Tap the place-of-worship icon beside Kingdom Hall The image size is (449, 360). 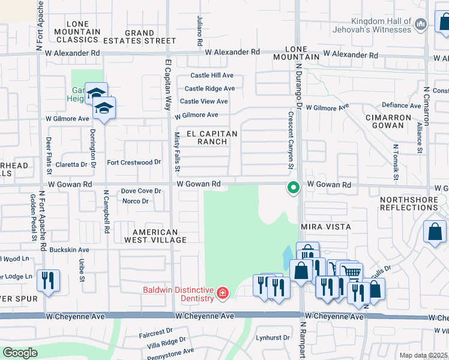421,24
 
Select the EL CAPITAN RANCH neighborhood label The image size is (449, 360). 212,137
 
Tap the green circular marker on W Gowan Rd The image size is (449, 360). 293,187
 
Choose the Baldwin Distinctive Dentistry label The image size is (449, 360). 178,294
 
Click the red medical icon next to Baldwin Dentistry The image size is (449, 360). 222,293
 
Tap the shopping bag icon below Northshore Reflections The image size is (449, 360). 435,232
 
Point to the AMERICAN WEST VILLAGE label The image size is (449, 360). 155,236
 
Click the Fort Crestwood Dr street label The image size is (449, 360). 134,163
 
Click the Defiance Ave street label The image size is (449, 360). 402,106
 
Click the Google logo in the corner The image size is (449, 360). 20,353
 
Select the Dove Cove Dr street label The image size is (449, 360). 141,191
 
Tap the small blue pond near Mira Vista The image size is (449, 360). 287,258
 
